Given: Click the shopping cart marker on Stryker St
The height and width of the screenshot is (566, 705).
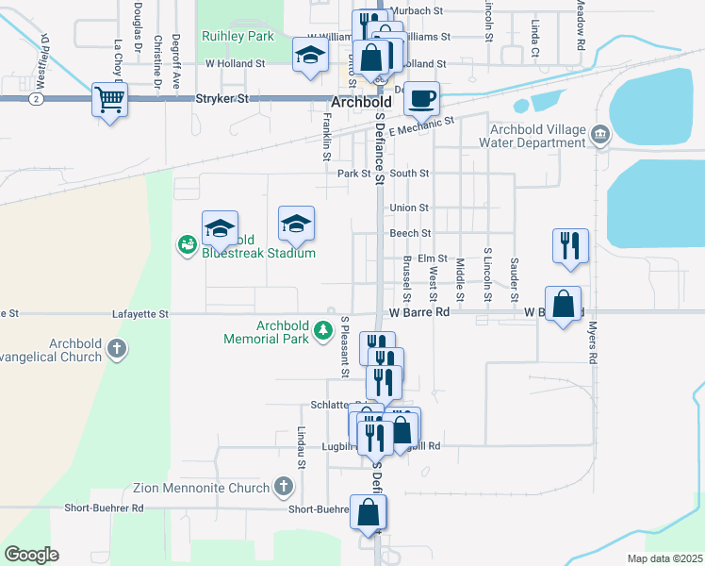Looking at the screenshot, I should click(109, 98).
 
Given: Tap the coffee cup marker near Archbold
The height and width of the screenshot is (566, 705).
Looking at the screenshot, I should click(422, 97).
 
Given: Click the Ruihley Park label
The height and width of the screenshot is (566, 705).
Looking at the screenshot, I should click(238, 36).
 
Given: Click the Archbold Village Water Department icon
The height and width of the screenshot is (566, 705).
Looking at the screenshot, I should click(599, 136).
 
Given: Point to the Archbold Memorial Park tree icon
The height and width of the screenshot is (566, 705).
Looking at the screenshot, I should click(323, 330).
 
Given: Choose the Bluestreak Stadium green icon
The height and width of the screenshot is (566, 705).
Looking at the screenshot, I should click(187, 245).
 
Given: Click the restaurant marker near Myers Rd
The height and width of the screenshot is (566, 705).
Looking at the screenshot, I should click(570, 245).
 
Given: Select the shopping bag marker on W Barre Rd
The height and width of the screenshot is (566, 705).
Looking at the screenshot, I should click(563, 305).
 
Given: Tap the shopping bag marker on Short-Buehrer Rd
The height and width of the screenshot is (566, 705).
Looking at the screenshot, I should click(368, 512).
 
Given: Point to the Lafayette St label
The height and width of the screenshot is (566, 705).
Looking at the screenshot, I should click(139, 313).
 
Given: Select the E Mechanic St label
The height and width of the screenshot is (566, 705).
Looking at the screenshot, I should click(420, 125).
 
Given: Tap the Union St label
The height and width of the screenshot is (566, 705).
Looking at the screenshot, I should click(409, 208).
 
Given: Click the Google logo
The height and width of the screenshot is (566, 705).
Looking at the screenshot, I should click(31, 555).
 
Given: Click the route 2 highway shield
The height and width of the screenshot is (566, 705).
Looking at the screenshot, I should click(35, 98).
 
